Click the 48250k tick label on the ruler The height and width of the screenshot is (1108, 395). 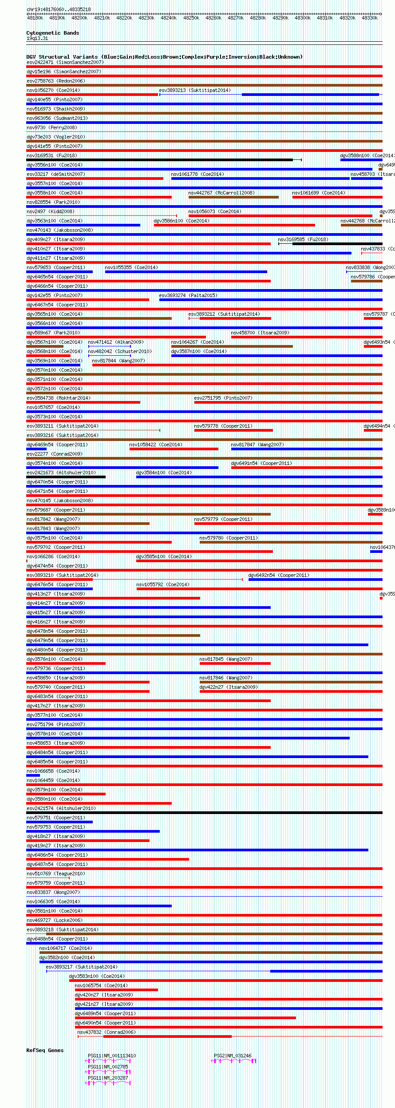[191, 18]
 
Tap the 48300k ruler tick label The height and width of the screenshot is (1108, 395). [303, 18]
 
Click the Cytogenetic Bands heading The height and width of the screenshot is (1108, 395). [52, 33]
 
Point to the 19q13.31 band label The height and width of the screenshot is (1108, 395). [37, 38]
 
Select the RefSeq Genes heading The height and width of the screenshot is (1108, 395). [45, 1050]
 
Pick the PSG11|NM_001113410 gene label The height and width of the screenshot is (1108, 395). [112, 1056]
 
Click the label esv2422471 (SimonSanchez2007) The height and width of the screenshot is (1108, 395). [65, 62]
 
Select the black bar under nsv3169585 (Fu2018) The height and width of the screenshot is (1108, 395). [337, 244]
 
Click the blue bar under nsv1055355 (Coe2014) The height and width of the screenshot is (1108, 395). [186, 272]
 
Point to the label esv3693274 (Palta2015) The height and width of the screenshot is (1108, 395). [188, 295]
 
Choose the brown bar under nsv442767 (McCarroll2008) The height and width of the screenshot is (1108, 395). [233, 197]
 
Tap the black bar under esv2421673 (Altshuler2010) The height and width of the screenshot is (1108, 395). [66, 477]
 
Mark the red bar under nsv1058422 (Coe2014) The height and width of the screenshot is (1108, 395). [174, 449]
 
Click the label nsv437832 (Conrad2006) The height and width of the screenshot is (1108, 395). [107, 1032]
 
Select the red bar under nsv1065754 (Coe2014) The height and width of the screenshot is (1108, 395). [116, 989]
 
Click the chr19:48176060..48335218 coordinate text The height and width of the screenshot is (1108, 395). [59, 9]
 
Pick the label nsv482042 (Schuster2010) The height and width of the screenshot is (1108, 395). [120, 351]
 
